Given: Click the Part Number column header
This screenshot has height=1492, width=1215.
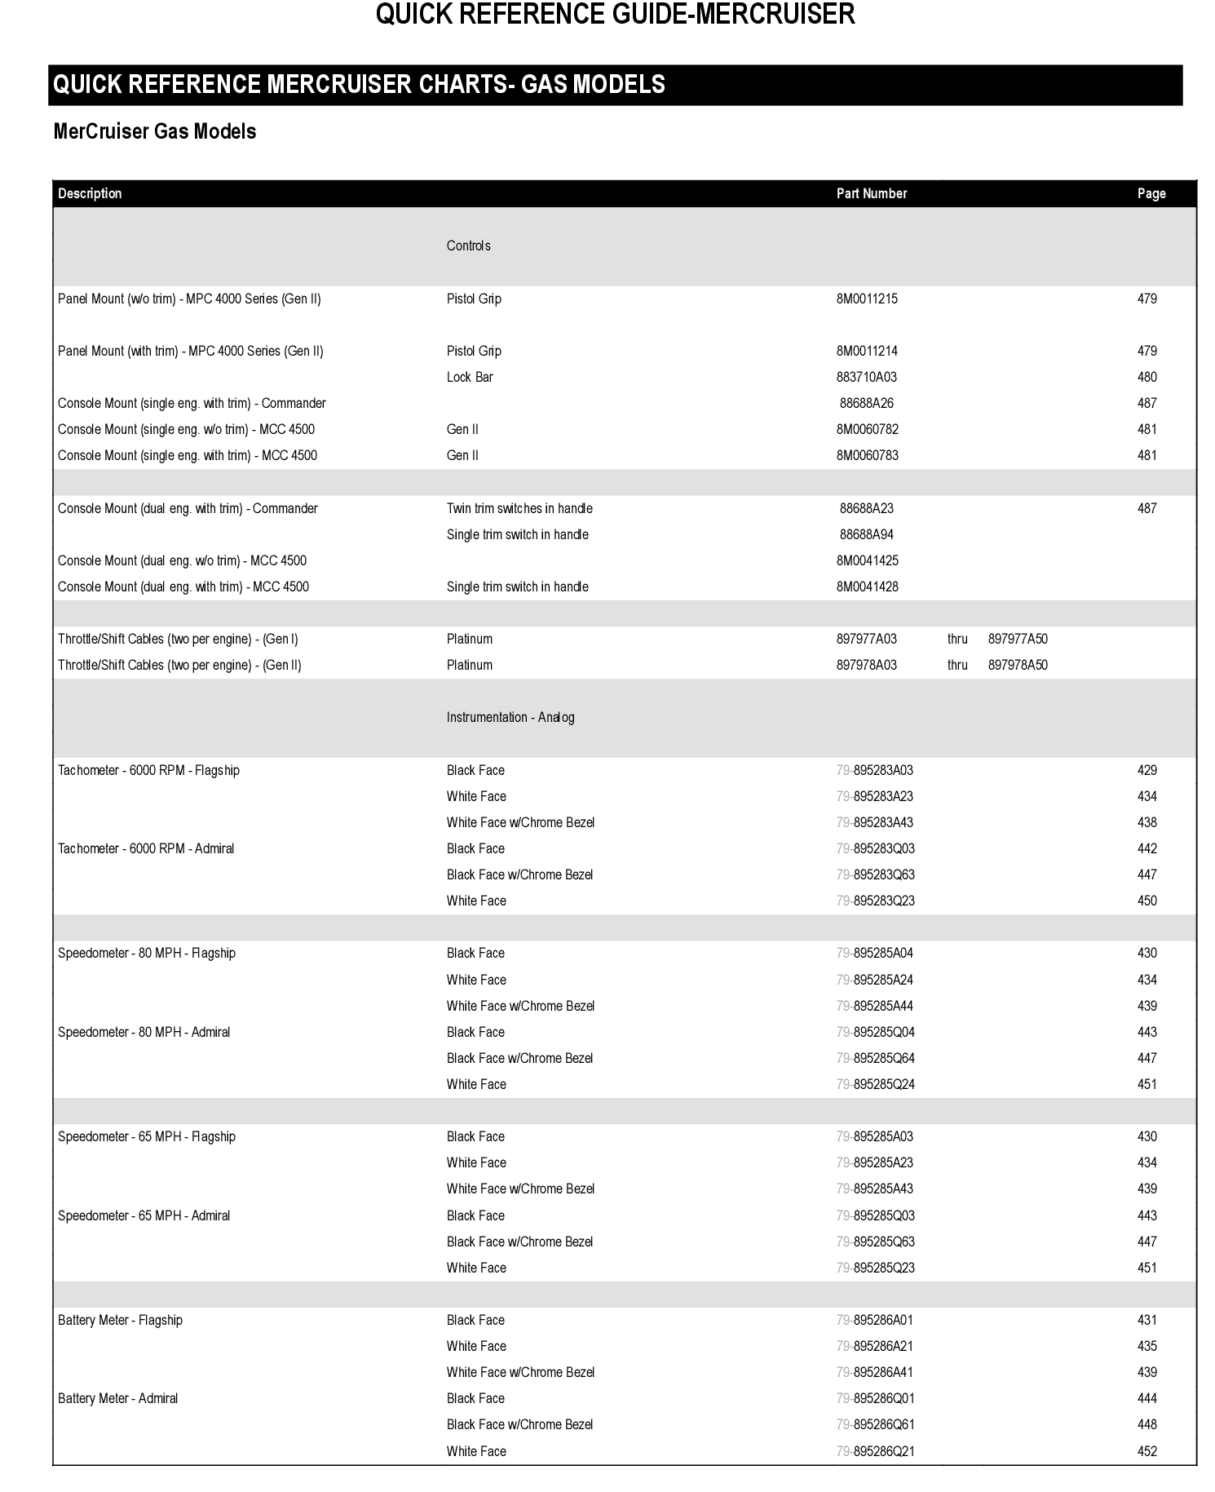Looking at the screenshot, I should (871, 193).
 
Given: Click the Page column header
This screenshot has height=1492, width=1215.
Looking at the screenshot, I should (1151, 193).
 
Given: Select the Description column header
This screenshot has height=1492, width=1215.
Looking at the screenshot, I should (90, 193).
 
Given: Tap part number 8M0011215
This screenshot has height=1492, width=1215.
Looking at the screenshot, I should (866, 299).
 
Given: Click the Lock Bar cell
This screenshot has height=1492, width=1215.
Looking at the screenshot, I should (470, 377).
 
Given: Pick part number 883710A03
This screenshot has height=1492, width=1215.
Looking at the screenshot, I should (866, 377).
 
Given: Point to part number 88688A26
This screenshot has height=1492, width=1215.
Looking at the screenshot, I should (866, 403).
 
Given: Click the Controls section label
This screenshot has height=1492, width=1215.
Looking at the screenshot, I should (468, 246).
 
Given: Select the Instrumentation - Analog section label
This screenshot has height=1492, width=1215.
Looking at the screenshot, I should (510, 717).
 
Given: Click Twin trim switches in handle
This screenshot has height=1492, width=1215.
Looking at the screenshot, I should (519, 508).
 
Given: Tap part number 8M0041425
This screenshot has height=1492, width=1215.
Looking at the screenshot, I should (867, 560).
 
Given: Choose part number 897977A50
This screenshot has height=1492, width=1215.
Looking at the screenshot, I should (1018, 639).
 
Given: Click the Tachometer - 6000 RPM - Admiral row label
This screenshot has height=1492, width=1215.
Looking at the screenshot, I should (146, 848).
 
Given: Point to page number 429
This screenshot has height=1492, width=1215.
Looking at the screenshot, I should (1147, 770).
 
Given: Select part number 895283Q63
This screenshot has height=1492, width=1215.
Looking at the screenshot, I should (883, 874).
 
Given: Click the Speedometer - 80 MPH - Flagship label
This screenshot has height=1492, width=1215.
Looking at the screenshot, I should (147, 953).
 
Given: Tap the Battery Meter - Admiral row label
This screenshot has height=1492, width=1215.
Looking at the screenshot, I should (117, 1398).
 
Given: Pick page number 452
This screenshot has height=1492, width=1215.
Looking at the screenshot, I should (1147, 1451).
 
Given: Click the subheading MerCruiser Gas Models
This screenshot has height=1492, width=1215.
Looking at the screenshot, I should (154, 131).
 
